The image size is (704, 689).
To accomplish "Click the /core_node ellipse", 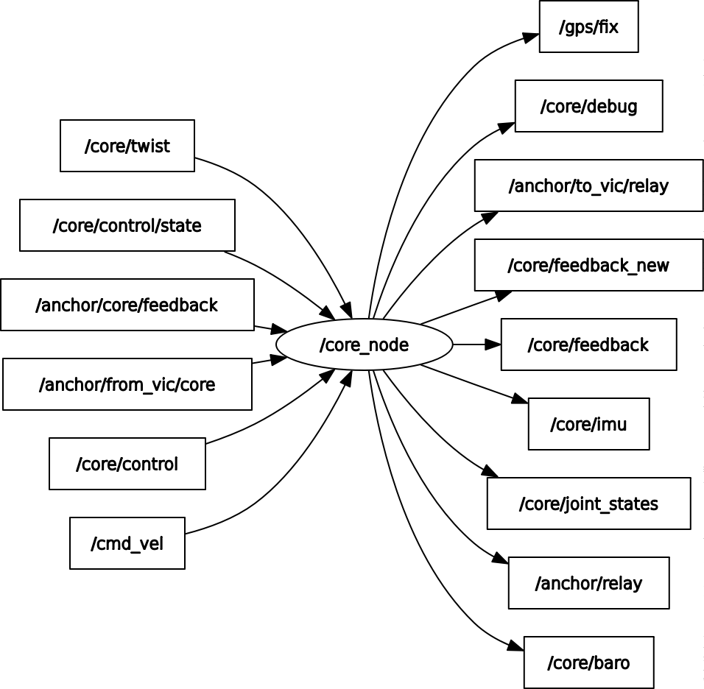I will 364,344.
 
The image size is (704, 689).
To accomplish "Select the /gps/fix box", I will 588,27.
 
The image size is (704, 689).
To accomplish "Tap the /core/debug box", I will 588,106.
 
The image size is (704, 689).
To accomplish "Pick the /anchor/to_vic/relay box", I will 588,185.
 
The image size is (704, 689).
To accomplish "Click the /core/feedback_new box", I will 588,265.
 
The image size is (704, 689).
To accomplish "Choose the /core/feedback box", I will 588,344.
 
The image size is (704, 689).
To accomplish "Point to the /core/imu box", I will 588,424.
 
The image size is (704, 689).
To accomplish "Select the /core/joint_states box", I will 588,504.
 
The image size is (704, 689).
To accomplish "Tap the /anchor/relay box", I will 588,583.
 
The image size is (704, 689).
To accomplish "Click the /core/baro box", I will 588,662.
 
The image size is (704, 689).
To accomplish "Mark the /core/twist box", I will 127,146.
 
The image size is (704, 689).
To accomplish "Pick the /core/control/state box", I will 127,225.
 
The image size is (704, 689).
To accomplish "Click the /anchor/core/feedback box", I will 127,305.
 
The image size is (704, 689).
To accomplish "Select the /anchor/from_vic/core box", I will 127,384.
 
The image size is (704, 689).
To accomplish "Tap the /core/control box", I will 127,464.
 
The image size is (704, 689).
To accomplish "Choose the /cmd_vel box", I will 127,543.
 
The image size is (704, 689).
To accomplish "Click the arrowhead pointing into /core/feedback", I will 494,344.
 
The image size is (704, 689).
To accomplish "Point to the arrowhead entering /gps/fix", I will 532,35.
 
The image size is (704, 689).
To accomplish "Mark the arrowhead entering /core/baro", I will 516,647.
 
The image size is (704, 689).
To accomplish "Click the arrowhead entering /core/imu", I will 521,400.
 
